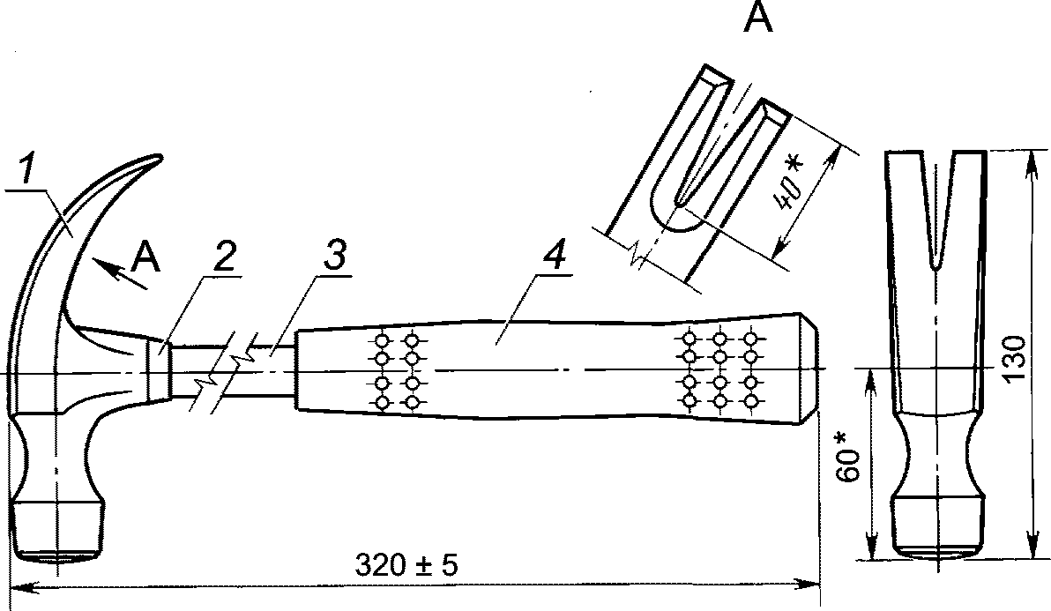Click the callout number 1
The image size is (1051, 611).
pos(26,168)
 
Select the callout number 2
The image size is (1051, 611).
pos(225,257)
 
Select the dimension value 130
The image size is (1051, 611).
pos(1016,359)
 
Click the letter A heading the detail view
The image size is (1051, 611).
pos(758,18)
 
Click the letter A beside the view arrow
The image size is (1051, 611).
pos(146,257)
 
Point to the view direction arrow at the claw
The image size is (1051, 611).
pos(121,274)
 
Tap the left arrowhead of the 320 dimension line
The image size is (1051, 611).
pos(21,587)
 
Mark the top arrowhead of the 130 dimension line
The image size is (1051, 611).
pos(1031,161)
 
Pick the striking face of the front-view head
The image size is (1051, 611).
pos(938,553)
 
